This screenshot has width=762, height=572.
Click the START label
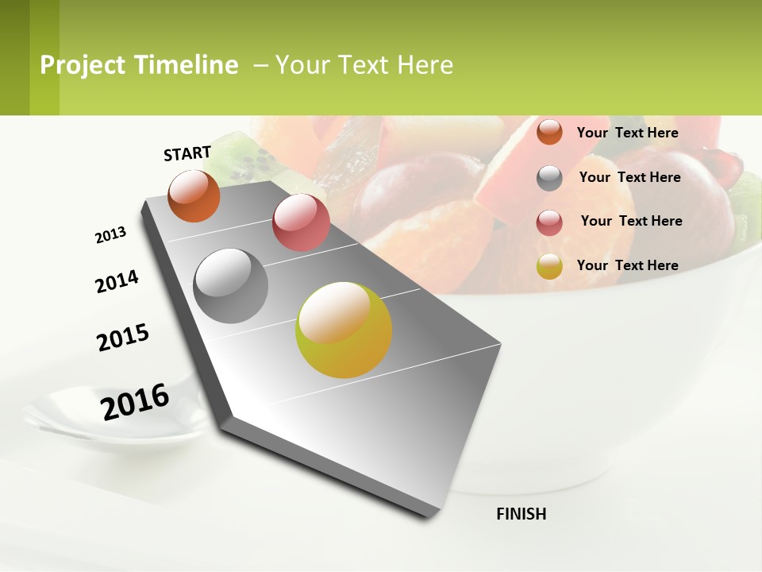187,153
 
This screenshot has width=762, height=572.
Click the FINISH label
521,514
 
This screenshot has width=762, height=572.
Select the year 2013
110,235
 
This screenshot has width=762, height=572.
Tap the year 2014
117,282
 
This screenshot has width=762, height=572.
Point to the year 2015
123,337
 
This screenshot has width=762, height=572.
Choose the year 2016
135,402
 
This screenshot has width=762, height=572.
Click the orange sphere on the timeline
194,195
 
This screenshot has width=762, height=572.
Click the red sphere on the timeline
301,222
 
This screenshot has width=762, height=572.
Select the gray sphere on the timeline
231,286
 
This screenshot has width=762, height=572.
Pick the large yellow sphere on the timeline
344,330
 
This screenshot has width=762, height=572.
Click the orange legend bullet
549,132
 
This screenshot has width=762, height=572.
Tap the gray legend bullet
549,178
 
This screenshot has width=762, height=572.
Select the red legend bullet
549,222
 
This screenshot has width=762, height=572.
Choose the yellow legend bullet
549,266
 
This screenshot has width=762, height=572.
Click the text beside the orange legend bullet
627,133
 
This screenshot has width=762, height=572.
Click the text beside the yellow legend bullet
627,265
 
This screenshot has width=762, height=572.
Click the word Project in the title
83,65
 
